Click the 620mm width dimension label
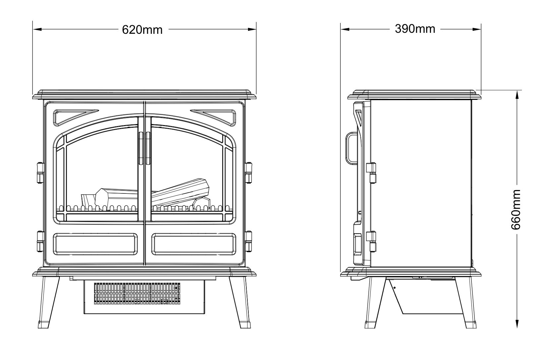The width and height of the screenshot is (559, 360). (143, 30)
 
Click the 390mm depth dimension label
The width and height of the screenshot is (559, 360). (415, 29)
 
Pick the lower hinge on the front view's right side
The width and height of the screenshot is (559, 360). (248, 241)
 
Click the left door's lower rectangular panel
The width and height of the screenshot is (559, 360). (95, 244)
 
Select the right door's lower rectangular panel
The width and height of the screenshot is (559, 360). (194, 244)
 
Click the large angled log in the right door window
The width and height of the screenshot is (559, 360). (181, 194)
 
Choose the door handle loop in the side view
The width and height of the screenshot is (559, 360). (351, 148)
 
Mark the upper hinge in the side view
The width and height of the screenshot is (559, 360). (371, 173)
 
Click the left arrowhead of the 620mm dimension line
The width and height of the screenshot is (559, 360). (36, 30)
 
